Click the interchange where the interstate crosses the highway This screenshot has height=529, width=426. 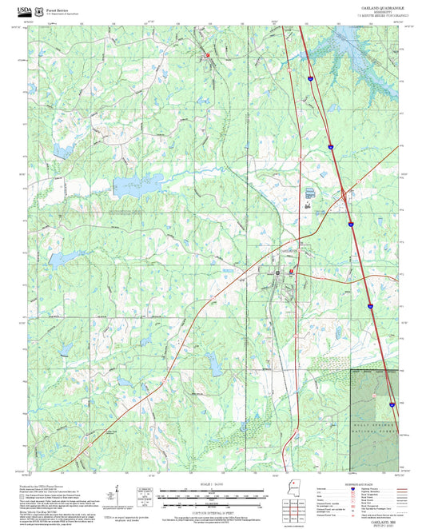pos(344,194)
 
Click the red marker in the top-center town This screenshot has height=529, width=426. pos(206,56)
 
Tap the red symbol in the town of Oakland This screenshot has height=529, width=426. pos(291,272)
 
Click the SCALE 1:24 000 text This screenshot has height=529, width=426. pos(211,483)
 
